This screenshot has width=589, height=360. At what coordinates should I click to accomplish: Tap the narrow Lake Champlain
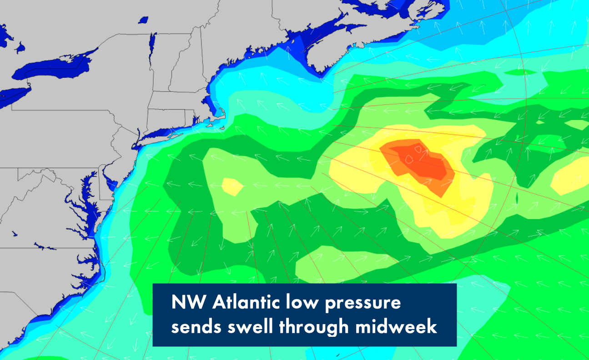pos(153,45)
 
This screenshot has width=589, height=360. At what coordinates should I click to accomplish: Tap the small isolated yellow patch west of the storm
pos(232,186)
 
